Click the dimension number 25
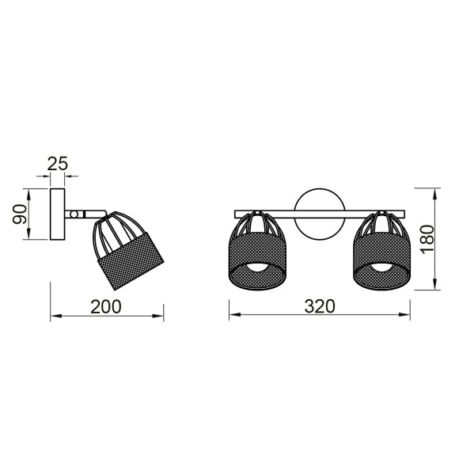[x=57, y=164]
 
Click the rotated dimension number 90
[x=21, y=214]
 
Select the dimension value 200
[x=106, y=306]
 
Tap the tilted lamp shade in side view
[x=129, y=255]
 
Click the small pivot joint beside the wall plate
[x=73, y=214]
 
